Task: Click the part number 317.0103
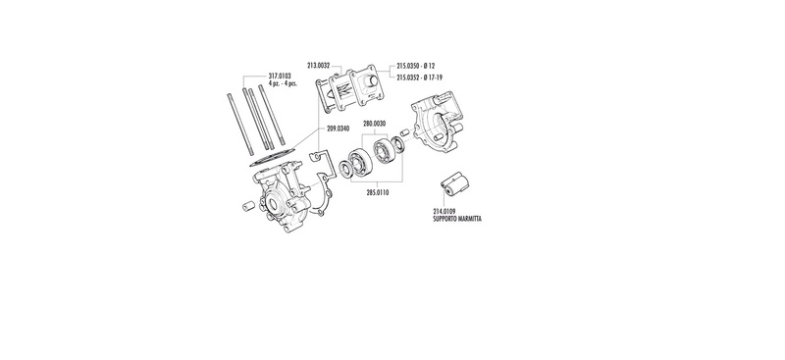pos(280,77)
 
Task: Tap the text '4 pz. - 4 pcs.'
pos(283,83)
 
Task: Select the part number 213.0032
pos(318,65)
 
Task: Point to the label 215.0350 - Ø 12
pos(415,66)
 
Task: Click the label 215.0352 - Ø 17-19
pos(419,77)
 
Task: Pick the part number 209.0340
pos(338,129)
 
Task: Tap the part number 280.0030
pos(375,124)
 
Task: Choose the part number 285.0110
pos(377,192)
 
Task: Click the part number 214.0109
pos(445,212)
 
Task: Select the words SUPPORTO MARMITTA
pos(457,219)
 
